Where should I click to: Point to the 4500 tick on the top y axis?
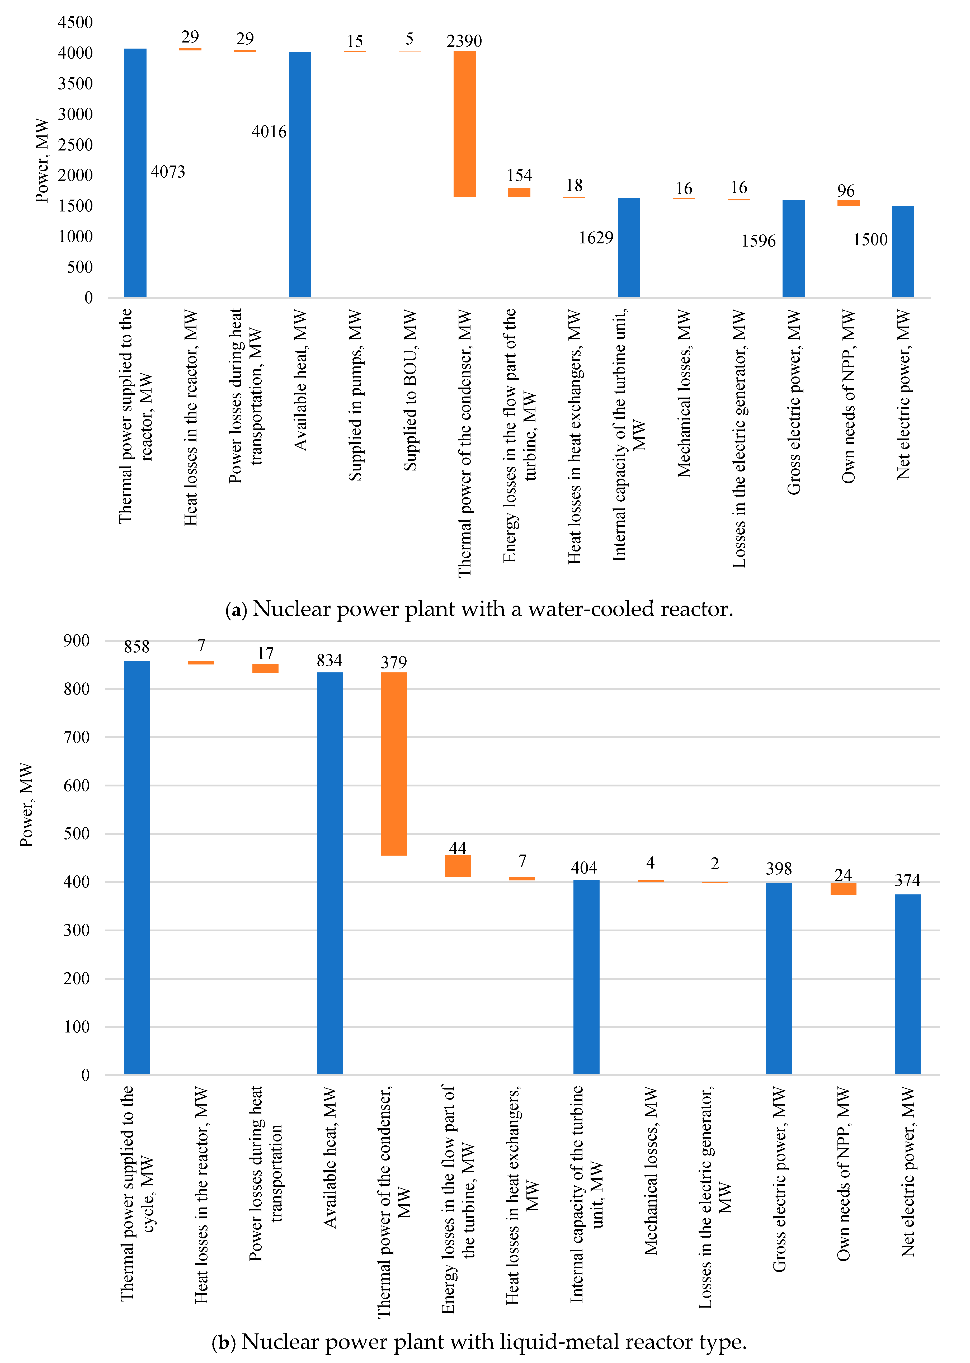click(x=75, y=23)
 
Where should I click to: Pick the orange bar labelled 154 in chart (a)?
click(x=519, y=192)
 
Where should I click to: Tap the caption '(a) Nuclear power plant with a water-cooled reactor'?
click(x=479, y=609)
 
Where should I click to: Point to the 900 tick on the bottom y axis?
click(x=77, y=641)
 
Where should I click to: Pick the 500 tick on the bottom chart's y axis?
click(x=77, y=834)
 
